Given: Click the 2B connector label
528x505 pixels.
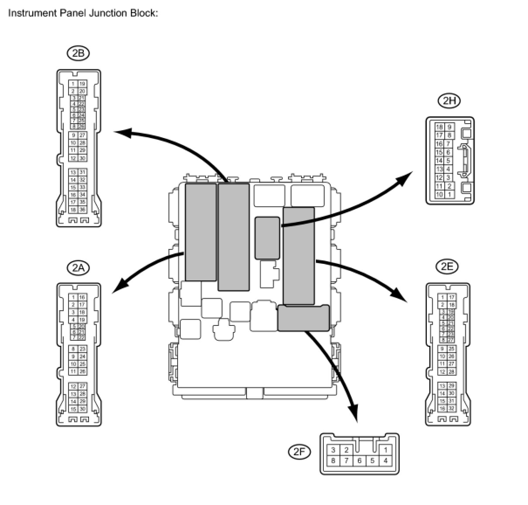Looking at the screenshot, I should (x=78, y=53).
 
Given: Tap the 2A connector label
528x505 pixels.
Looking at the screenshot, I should (x=78, y=267).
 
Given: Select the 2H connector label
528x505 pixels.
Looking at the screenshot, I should (x=449, y=101).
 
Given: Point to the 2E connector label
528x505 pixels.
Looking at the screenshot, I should (x=447, y=266).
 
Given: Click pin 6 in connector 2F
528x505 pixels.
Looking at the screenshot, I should (x=360, y=460).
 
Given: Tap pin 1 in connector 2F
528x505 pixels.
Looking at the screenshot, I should (x=386, y=450).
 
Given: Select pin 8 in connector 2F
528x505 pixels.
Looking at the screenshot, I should (x=333, y=460).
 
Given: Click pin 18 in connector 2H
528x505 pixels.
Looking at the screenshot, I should (x=439, y=127).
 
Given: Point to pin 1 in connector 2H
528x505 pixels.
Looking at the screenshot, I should (x=449, y=194).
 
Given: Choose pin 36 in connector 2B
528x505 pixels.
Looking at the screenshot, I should (x=82, y=210).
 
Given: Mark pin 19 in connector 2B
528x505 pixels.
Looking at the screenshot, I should (x=82, y=83).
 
